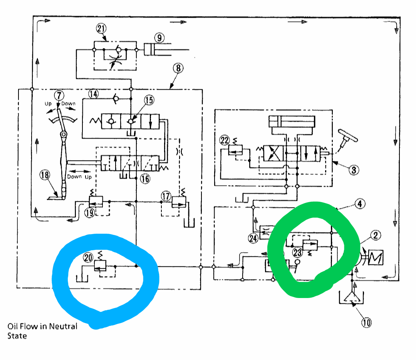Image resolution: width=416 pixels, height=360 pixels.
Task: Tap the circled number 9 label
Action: point(159,38)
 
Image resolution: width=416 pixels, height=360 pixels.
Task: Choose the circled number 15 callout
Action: point(149,100)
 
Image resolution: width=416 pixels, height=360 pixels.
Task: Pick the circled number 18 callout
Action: point(45,176)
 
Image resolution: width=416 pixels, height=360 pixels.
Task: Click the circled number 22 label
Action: point(224,140)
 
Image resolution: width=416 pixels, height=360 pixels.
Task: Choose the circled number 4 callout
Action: point(359,204)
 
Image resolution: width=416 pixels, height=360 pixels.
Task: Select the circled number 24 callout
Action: point(253,238)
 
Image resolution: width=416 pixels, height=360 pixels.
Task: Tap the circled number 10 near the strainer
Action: point(367,323)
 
